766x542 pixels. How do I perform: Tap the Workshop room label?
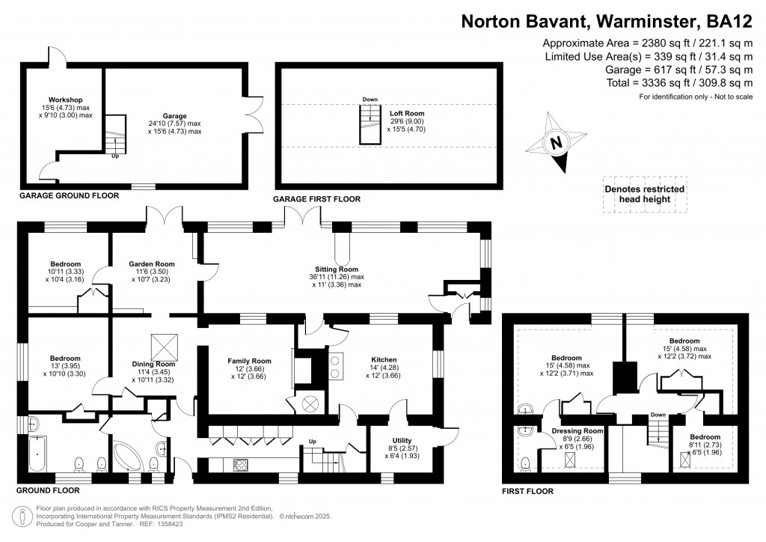65,100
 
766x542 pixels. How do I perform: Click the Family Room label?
250,361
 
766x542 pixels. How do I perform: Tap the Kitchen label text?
384,359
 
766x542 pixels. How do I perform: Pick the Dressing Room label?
577,431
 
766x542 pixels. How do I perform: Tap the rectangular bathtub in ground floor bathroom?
35,454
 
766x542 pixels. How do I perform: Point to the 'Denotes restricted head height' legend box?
644,195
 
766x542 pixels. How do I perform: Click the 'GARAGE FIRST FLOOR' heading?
318,199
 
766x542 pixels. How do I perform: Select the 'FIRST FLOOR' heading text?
528,492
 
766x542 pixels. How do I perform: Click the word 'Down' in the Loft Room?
370,100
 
